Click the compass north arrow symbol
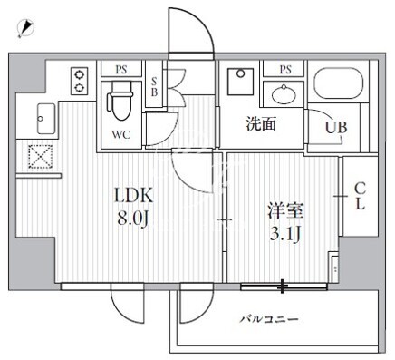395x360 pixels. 25,28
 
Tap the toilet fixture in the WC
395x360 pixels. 120,102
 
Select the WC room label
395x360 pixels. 121,134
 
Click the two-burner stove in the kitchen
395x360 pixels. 80,81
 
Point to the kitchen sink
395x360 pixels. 46,119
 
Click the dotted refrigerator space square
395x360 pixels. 40,156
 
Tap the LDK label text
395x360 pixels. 134,196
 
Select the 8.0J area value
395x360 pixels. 133,219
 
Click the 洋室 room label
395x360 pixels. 285,210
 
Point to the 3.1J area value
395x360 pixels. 284,234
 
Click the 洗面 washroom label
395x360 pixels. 261,123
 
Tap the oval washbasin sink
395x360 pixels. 284,94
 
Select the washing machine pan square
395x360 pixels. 241,82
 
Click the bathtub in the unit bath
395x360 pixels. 339,83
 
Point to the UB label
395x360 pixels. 336,127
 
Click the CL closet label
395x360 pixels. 360,197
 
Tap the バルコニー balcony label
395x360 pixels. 269,319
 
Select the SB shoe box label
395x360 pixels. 154,86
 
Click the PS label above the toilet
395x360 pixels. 121,70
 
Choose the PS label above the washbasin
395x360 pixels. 285,70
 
